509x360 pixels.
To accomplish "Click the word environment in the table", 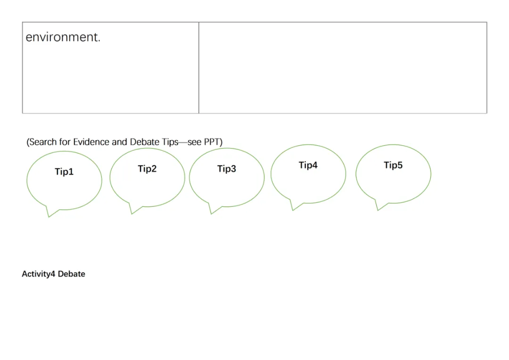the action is click(x=63, y=38).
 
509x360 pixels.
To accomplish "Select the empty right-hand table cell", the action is click(x=343, y=67).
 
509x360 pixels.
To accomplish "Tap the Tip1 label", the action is click(x=64, y=172).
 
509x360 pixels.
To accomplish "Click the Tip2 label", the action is click(x=147, y=169).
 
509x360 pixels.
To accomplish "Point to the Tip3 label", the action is click(x=226, y=169).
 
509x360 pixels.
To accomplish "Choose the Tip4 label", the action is click(x=308, y=165).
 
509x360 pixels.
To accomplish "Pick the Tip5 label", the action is click(x=393, y=165).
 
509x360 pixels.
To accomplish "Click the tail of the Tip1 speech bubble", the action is click(x=50, y=213).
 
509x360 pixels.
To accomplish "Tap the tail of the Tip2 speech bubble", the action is click(x=133, y=211).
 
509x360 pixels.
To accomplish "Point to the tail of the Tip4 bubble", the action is click(x=294, y=207).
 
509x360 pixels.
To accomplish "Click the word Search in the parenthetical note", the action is click(x=43, y=142).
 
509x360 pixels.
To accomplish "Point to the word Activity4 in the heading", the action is click(x=39, y=274).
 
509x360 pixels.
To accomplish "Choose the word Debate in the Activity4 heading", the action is click(x=72, y=274).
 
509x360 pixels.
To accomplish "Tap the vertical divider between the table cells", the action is click(x=199, y=67).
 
